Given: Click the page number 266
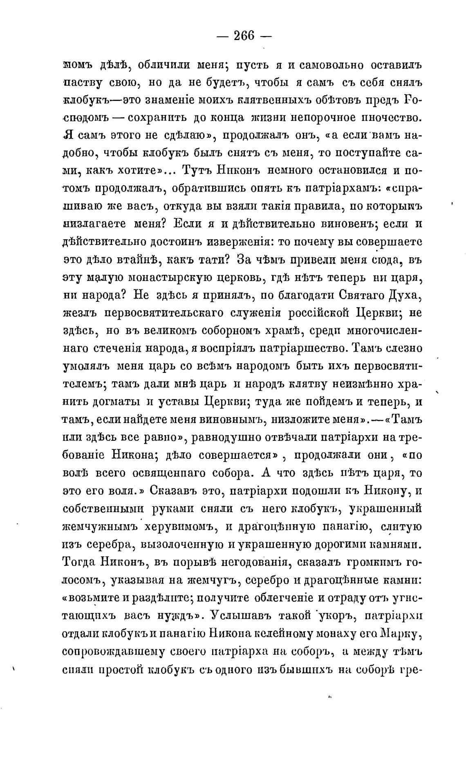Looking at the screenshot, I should click(x=244, y=36).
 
